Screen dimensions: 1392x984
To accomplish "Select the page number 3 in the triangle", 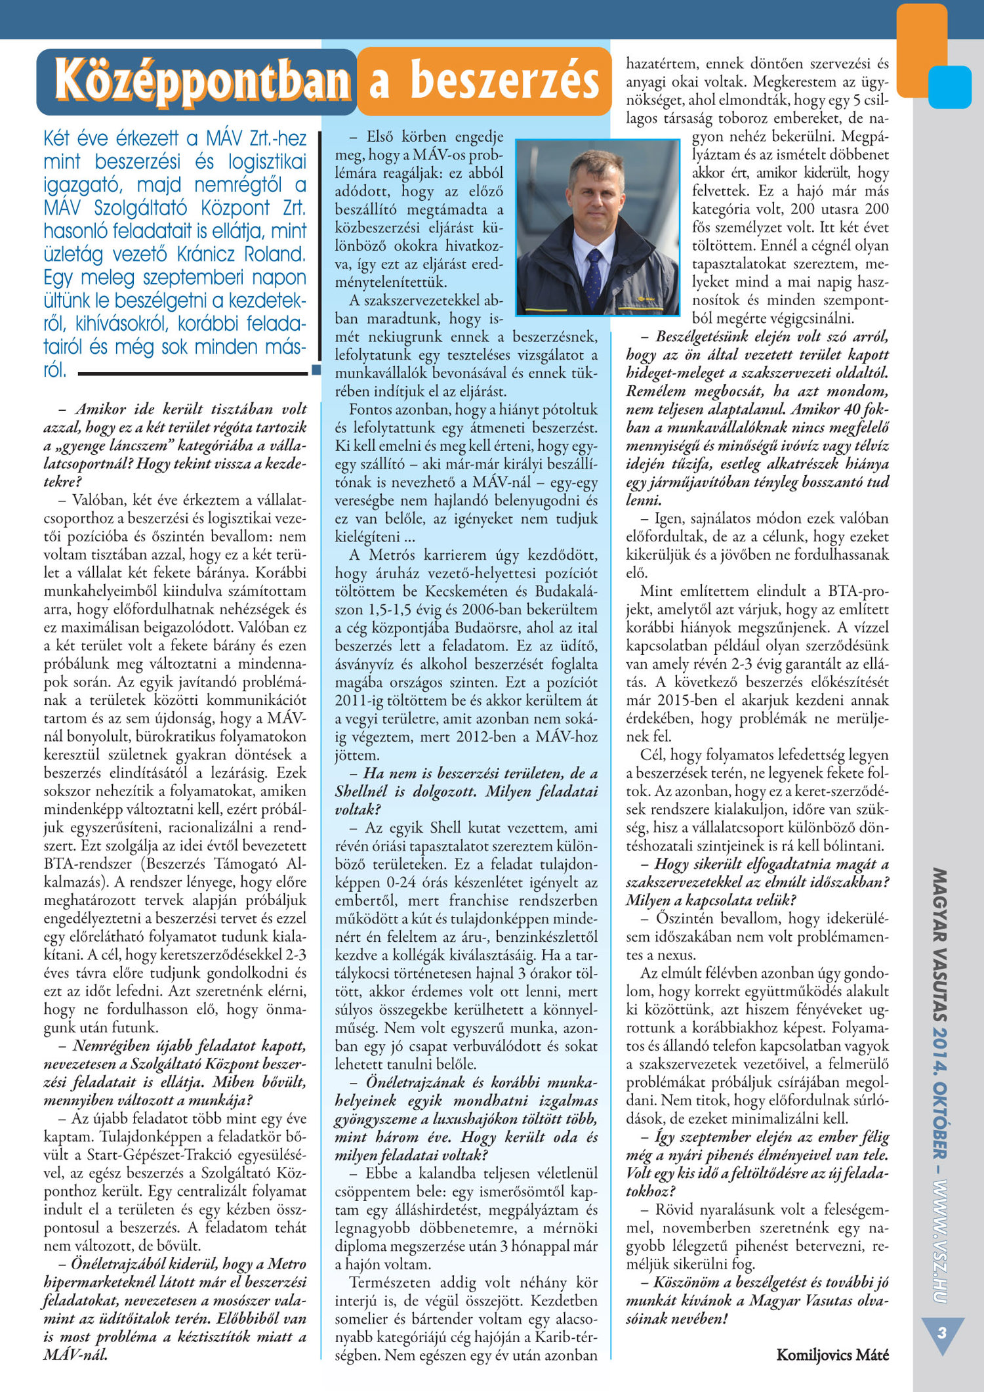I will click(x=942, y=1333).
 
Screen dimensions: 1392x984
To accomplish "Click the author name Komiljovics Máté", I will click(x=832, y=1354).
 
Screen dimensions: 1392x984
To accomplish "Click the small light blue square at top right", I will click(x=950, y=87).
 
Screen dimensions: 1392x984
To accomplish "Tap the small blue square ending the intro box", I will click(x=316, y=370).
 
